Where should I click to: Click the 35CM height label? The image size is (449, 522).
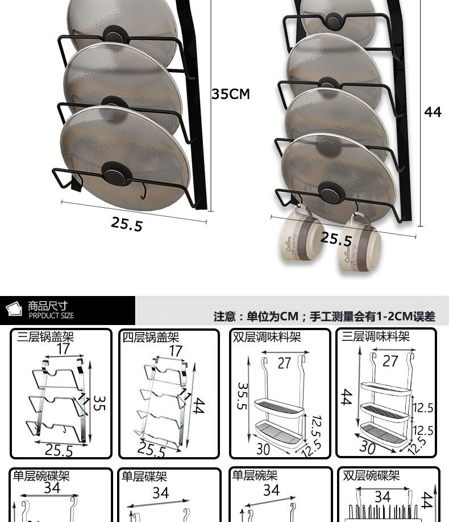231,94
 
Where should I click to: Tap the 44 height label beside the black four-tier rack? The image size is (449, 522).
433,112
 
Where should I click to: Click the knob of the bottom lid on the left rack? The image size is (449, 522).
117,174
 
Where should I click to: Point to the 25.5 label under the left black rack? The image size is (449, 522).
127,223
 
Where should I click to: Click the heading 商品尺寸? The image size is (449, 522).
48,306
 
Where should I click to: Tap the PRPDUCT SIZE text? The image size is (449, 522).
51,315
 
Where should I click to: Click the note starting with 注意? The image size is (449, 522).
324,317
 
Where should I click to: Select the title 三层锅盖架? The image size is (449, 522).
45,336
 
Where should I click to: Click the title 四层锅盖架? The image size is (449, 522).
151,337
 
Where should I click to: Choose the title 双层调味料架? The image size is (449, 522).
267,337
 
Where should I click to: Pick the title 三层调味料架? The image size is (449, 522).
376,336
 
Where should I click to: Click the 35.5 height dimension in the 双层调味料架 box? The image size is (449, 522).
243,396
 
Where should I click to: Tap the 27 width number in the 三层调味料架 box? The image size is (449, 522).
390,361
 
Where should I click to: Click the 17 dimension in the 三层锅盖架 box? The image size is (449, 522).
63,349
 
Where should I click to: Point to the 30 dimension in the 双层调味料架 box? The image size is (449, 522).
263,449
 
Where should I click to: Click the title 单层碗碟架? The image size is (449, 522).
41,476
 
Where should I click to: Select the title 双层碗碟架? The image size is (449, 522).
371,475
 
